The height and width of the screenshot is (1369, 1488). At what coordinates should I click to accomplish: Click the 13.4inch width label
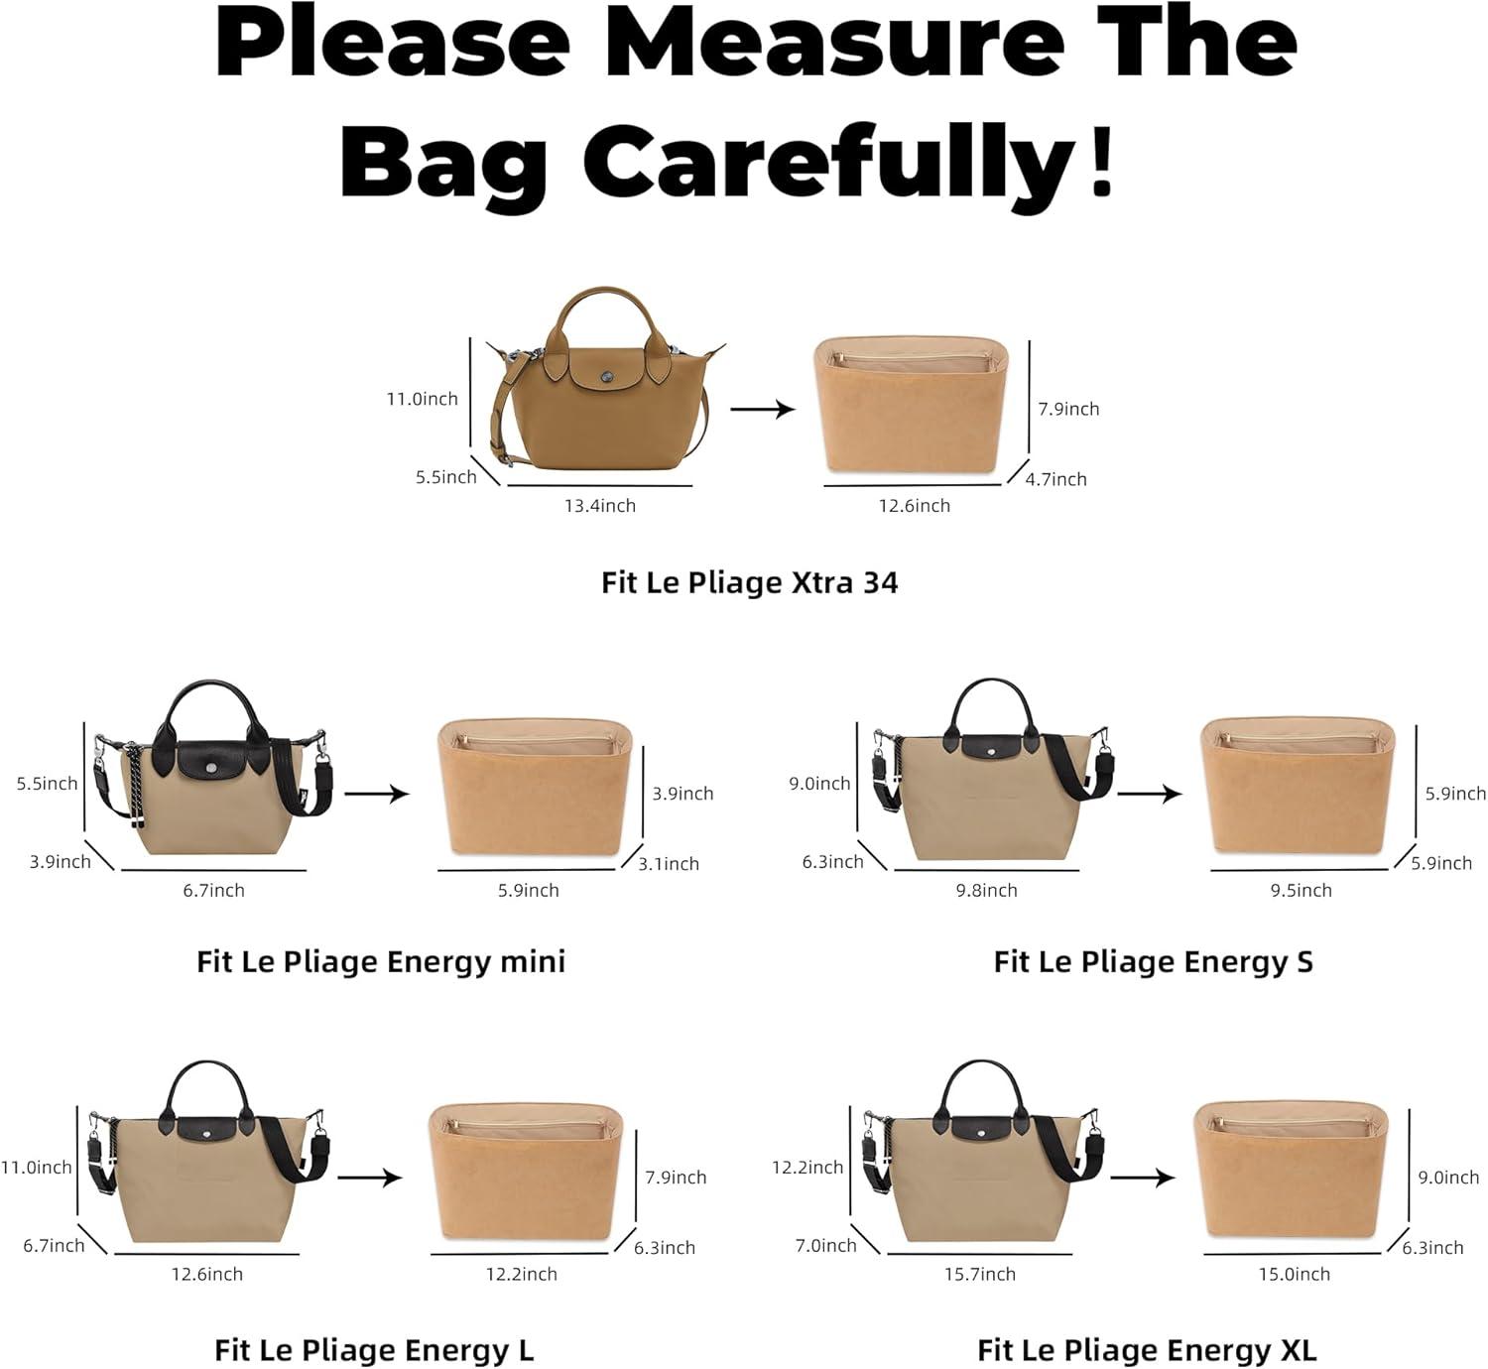tap(599, 505)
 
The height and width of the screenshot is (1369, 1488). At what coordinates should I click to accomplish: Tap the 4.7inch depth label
tap(1055, 479)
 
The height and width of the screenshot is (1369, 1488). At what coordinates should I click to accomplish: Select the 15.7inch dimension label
tap(979, 1274)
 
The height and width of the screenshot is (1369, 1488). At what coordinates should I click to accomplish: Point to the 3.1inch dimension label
tap(669, 864)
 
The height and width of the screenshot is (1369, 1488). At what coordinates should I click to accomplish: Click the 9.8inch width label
tap(986, 891)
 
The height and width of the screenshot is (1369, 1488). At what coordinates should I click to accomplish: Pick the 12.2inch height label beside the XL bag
tap(807, 1168)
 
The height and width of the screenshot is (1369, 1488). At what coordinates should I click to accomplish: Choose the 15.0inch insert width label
tap(1294, 1274)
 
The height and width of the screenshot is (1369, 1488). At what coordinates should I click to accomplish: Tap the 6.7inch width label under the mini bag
tap(213, 891)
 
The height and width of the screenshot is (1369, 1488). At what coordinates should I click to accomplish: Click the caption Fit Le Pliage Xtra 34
tap(749, 583)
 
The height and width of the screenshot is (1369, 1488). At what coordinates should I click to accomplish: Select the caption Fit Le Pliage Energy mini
tap(381, 962)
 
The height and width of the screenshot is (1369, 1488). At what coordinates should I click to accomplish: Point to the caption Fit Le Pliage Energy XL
tap(1147, 1350)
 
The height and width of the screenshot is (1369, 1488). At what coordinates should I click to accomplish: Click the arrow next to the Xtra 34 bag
tap(763, 409)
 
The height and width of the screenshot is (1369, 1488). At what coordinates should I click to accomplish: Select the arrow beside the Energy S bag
tap(1149, 794)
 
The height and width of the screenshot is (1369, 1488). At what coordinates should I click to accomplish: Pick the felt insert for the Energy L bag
tap(526, 1172)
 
